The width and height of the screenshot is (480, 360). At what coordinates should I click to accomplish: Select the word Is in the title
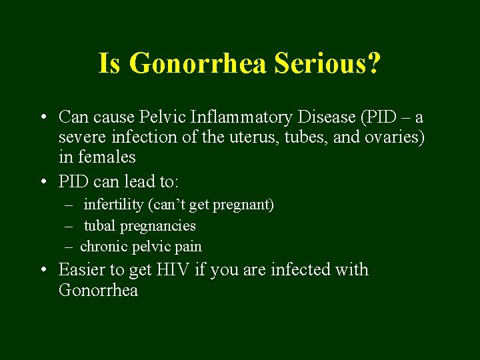pyautogui.click(x=110, y=64)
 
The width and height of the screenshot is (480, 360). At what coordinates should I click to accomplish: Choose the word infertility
pyautogui.click(x=117, y=205)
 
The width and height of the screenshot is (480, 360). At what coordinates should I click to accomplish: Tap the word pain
pyautogui.click(x=187, y=247)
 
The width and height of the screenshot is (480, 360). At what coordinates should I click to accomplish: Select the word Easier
pyautogui.click(x=82, y=270)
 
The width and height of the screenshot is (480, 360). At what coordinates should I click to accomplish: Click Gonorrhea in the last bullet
pyautogui.click(x=98, y=291)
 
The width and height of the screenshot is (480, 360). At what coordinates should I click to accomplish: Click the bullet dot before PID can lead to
pyautogui.click(x=42, y=181)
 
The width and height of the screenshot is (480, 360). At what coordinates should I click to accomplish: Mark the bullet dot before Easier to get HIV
pyautogui.click(x=42, y=270)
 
